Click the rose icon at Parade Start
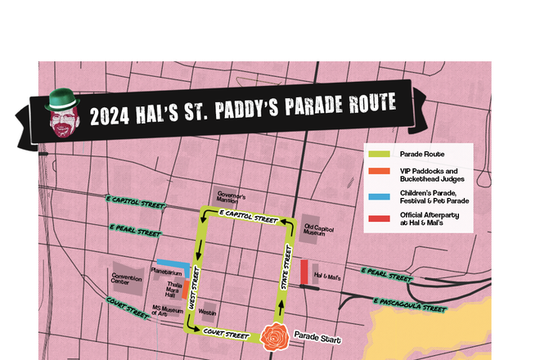click(274, 335)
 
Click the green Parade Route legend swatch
click(378, 153)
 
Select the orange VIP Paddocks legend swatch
click(378, 171)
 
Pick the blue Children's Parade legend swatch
click(378, 196)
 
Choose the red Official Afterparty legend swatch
click(378, 218)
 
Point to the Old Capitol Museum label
click(320, 231)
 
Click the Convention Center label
click(126, 278)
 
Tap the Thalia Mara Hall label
click(167, 289)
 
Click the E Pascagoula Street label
click(409, 304)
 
